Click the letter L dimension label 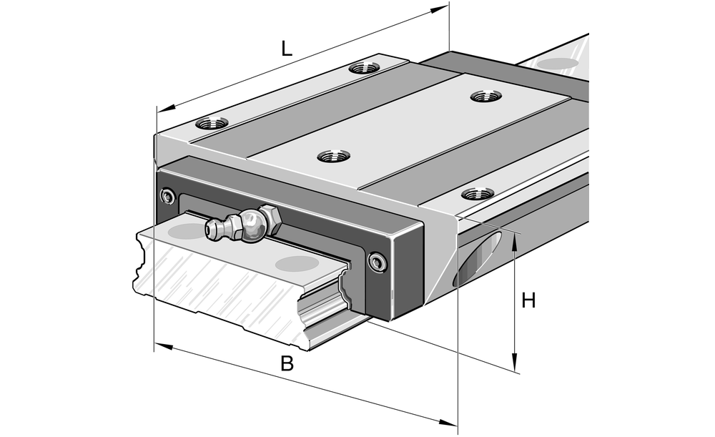[x=287, y=49]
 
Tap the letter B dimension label [x=287, y=363]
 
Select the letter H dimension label [x=528, y=300]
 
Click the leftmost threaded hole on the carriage [x=212, y=122]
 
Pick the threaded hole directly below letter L [x=365, y=69]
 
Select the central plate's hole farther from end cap [x=486, y=95]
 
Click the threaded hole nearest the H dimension [x=477, y=194]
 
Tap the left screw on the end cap [x=169, y=196]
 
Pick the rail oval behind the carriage [x=558, y=64]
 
